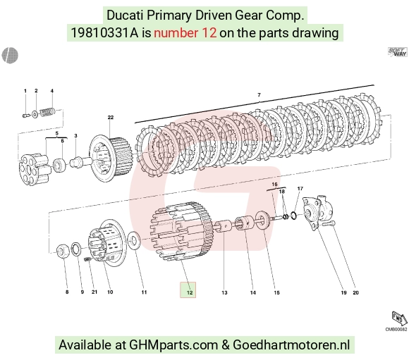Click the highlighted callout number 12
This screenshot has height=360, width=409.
[x=190, y=292]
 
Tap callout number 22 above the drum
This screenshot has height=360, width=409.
[x=111, y=118]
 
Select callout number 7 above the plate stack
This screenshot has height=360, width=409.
[x=259, y=95]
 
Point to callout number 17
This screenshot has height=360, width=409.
[x=300, y=189]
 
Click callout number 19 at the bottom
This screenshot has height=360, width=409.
[x=344, y=292]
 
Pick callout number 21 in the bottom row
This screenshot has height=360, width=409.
[x=94, y=292]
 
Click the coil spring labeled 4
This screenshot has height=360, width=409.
[x=47, y=112]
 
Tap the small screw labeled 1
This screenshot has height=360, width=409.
[x=25, y=116]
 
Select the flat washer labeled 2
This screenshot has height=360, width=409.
[x=35, y=114]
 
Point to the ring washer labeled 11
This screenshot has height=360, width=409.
[x=134, y=240]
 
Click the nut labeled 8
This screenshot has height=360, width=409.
[x=63, y=252]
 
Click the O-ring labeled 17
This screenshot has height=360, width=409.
[x=293, y=216]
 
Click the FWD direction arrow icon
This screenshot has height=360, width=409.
[x=399, y=318]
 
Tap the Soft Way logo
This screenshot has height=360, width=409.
[x=397, y=51]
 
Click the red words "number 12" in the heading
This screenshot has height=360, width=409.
[x=185, y=33]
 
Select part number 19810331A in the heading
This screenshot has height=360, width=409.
[x=104, y=33]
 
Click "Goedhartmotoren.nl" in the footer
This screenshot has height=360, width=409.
[x=291, y=345]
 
